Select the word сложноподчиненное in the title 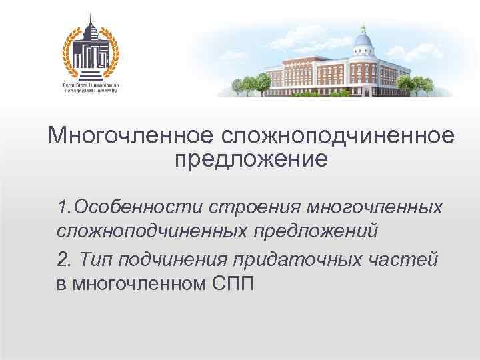tap(336, 135)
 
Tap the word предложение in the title tap(251, 160)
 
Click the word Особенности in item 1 tap(140, 206)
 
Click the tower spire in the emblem tap(91, 23)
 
